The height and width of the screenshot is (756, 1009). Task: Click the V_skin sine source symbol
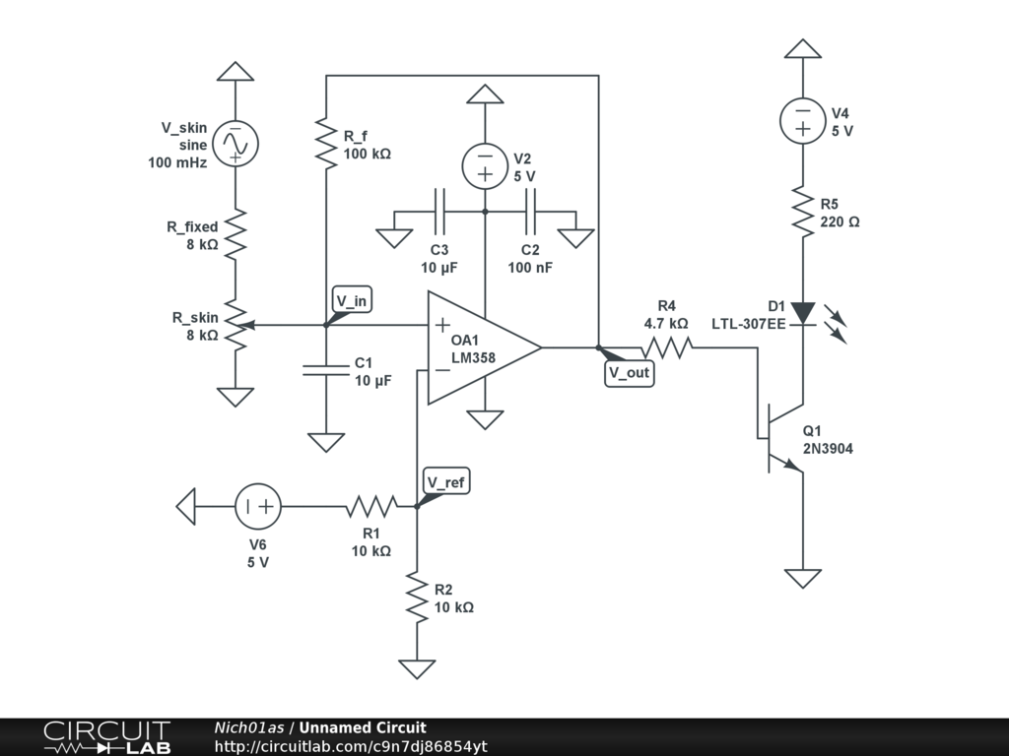click(x=235, y=144)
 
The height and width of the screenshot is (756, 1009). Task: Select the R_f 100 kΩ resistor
click(x=326, y=144)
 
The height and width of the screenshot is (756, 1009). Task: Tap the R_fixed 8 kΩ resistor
click(x=235, y=234)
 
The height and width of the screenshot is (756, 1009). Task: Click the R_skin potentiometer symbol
click(x=236, y=325)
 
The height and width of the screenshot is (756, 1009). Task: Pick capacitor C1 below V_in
click(x=326, y=370)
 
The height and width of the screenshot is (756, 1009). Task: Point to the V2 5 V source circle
click(x=485, y=166)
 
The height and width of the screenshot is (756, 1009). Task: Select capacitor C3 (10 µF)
click(x=439, y=211)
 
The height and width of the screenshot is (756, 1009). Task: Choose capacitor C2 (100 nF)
click(x=530, y=211)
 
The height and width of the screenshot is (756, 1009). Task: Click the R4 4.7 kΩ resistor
click(x=667, y=346)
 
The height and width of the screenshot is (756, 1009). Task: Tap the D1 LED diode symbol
click(x=804, y=313)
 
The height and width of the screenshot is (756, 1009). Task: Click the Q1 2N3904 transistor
click(x=783, y=435)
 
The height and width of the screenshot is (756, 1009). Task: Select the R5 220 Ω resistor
click(x=804, y=212)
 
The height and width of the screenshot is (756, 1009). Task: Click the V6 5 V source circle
click(x=258, y=507)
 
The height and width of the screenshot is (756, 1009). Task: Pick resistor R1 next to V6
click(x=371, y=507)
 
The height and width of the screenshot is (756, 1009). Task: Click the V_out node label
click(x=630, y=373)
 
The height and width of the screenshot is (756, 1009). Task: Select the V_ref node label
click(x=446, y=481)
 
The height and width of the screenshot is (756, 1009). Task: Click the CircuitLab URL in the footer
click(x=350, y=747)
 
